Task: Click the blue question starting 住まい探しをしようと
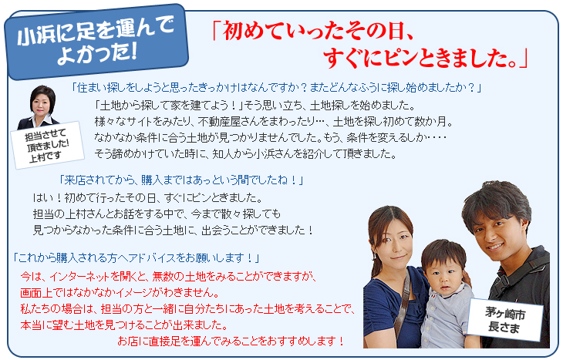(x=275, y=87)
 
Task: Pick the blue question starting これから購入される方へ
(x=137, y=256)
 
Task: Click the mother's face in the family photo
(x=393, y=234)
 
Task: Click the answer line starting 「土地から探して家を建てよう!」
(x=255, y=105)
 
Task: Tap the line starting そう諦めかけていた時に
(x=245, y=153)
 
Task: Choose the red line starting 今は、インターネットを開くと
(x=169, y=276)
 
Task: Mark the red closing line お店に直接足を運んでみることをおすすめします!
(x=231, y=340)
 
